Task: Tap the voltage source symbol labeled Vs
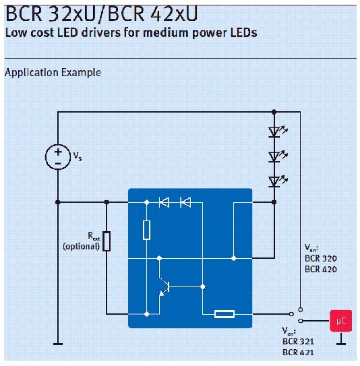coord(57,156)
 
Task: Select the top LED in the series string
coord(274,132)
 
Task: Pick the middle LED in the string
coord(274,156)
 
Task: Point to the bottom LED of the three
coord(274,180)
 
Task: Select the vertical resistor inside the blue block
coord(146,230)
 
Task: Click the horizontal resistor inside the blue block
coord(223,314)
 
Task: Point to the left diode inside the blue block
coord(164,201)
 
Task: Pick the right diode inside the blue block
coord(185,201)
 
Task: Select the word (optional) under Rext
coord(81,247)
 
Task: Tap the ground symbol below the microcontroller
coord(342,342)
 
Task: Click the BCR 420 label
coord(321,269)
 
